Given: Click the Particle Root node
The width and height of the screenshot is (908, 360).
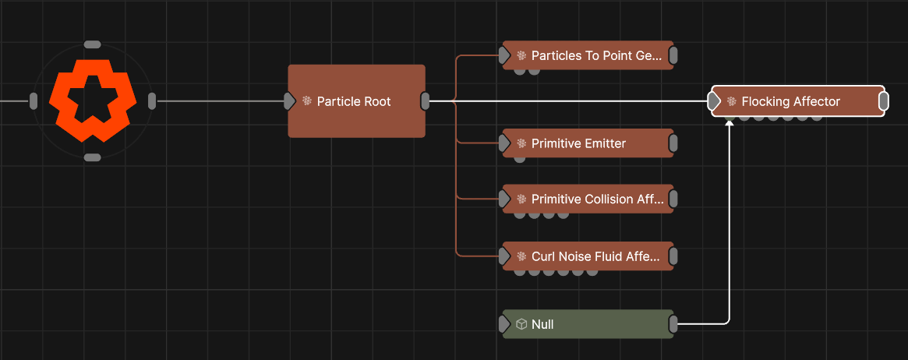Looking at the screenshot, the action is pos(357,101).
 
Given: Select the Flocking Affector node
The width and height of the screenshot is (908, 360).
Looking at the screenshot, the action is pos(798,101).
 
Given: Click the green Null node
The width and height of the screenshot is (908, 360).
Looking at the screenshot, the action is pos(588,324).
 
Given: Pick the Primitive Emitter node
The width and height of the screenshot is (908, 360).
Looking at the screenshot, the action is pos(588,143).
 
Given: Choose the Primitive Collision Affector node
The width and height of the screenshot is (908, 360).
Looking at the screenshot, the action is pos(588,199).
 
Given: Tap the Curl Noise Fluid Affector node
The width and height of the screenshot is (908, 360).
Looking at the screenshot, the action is pos(588,256).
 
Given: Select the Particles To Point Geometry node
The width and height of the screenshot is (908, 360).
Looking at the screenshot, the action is pos(588,55).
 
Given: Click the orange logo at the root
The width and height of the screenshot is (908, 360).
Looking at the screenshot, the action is pos(93,101).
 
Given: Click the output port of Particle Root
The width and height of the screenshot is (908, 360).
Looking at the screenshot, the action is pos(425,101).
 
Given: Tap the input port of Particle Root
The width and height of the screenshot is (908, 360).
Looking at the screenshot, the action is pos(289,101).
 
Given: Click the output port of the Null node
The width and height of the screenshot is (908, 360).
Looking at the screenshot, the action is pos(673,324).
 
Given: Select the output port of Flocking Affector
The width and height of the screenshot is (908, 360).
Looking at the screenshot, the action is pos(884,101).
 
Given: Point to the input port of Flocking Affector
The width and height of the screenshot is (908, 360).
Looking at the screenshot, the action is pos(714,101).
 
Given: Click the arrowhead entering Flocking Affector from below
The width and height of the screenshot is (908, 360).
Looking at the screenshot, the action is pos(729,122).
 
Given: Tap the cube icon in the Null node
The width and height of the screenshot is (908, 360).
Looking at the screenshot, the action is pos(521,324).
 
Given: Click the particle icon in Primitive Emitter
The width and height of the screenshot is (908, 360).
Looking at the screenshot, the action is pos(521,143).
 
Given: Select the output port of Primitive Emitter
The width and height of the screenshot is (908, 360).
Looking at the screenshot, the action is pos(673,143).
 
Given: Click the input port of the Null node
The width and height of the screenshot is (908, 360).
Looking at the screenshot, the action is pos(504,324).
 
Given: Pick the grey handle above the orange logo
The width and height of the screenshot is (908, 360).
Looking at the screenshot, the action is pos(93,44).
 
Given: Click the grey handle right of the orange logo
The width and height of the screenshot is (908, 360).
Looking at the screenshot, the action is pos(152,101).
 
